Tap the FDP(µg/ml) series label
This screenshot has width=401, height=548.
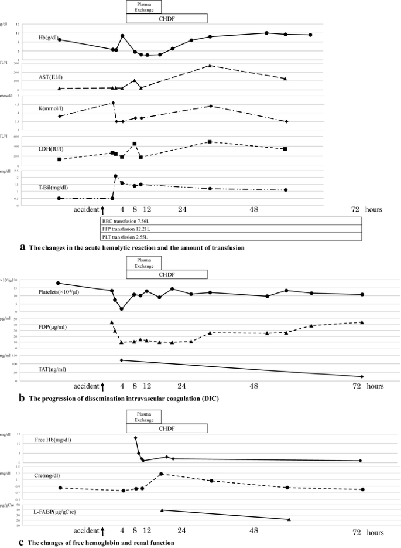pos(52,326)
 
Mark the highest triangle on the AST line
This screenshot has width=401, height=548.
pos(210,65)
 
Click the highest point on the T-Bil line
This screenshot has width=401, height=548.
pos(116,176)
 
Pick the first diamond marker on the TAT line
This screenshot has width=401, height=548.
pos(121,360)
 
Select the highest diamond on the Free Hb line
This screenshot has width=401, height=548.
pos(135,438)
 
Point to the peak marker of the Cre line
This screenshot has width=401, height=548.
pos(160,474)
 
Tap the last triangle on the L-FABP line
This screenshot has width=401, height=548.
pos(289,519)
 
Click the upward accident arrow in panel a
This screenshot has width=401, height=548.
pos(102,210)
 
